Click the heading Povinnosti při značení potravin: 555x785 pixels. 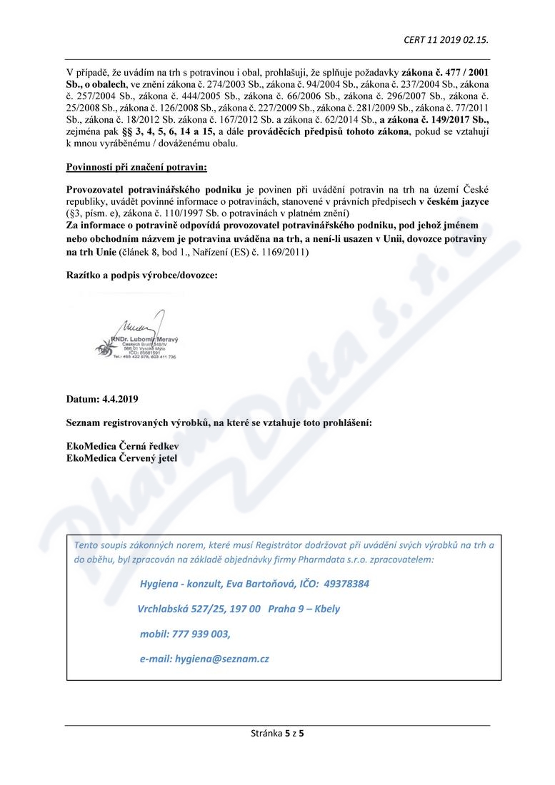click(x=136, y=168)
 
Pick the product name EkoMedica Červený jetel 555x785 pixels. click(x=121, y=458)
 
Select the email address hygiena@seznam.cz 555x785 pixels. click(x=221, y=659)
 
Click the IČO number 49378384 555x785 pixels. click(x=346, y=584)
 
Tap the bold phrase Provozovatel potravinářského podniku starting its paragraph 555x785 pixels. click(x=154, y=189)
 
